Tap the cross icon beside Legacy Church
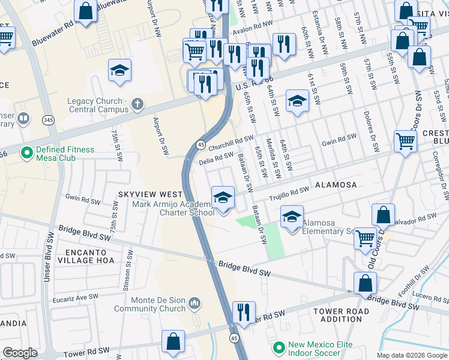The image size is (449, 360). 137,105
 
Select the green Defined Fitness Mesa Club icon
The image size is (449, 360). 26,153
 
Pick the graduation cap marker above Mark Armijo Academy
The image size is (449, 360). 223,197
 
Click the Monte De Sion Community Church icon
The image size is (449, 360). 194,304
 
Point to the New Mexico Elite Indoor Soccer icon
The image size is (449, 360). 279,347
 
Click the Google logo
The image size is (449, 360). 20,353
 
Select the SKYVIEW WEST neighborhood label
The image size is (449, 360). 150,194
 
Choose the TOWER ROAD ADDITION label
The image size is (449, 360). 342,315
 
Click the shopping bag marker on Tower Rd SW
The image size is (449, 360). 173,341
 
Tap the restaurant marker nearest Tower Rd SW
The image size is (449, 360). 244,311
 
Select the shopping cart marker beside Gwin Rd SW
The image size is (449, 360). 406,142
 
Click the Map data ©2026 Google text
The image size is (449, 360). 411,355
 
